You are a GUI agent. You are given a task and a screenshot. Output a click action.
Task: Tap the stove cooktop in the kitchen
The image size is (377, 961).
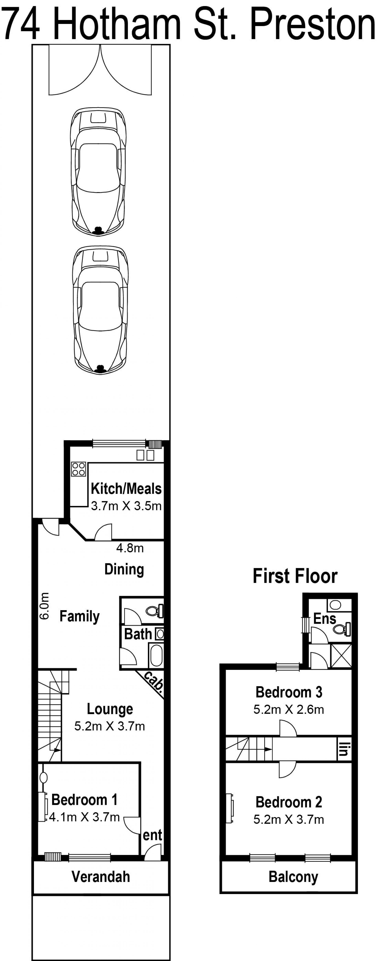coord(79,469)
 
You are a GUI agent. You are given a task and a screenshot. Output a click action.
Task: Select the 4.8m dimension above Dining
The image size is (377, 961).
coord(130,548)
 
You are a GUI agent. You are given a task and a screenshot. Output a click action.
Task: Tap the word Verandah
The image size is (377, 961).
coord(101,876)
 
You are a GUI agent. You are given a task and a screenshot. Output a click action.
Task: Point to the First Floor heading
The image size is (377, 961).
coord(295,576)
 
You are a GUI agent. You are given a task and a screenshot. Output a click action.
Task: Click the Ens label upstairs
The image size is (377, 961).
coord(325,619)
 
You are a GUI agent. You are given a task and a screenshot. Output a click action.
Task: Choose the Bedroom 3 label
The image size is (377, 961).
coord(289,692)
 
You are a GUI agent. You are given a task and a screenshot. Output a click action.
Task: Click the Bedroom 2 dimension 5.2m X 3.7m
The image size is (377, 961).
coord(288,819)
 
